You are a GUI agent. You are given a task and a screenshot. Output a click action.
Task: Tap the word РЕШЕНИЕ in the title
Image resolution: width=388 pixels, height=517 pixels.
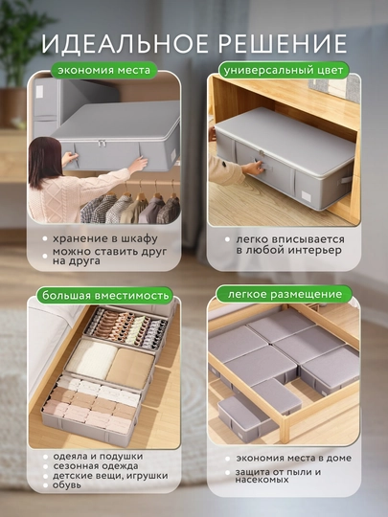pyautogui.click(x=281, y=43)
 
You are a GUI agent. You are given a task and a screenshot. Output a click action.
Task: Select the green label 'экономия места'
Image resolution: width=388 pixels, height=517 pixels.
pyautogui.click(x=103, y=70)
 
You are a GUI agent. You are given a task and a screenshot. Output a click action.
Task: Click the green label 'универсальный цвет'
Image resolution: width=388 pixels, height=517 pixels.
pyautogui.click(x=284, y=71)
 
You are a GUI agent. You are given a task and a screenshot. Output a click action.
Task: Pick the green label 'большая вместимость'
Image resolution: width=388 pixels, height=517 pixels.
pyautogui.click(x=105, y=295)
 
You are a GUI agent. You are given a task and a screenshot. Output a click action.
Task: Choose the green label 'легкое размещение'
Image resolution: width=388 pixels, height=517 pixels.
pyautogui.click(x=285, y=294)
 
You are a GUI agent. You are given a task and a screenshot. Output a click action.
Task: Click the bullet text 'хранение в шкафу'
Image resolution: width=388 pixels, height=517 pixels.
pyautogui.click(x=105, y=238)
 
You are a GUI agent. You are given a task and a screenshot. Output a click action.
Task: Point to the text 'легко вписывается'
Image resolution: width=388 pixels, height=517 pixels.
pyautogui.click(x=290, y=239)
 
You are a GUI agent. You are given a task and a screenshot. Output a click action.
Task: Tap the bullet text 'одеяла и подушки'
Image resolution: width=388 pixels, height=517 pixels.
pyautogui.click(x=98, y=457)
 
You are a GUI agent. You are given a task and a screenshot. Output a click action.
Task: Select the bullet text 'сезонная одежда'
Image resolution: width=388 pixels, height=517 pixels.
pyautogui.click(x=96, y=466)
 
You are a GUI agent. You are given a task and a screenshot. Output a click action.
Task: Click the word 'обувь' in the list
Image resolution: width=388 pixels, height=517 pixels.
pyautogui.click(x=66, y=485)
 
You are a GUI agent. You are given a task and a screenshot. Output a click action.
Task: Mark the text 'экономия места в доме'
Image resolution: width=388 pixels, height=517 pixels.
pyautogui.click(x=294, y=458)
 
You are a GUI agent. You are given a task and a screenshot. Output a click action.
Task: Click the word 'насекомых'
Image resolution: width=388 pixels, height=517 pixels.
pyautogui.click(x=262, y=480)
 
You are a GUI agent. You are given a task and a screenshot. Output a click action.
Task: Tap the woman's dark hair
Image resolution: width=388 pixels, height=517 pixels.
pyautogui.click(x=42, y=162)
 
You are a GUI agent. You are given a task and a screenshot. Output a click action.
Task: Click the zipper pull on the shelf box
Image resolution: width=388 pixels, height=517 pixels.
pyautogui.click(x=102, y=143)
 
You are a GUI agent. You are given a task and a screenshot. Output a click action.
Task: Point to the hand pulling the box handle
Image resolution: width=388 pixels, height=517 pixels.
pyautogui.click(x=253, y=168)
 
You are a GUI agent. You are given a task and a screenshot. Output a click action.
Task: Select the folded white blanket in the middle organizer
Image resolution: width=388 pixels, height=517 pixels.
pyautogui.click(x=92, y=358)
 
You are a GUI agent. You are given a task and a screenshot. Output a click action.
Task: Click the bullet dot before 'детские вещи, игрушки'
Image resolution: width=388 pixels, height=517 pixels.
pyautogui.click(x=45, y=476)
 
